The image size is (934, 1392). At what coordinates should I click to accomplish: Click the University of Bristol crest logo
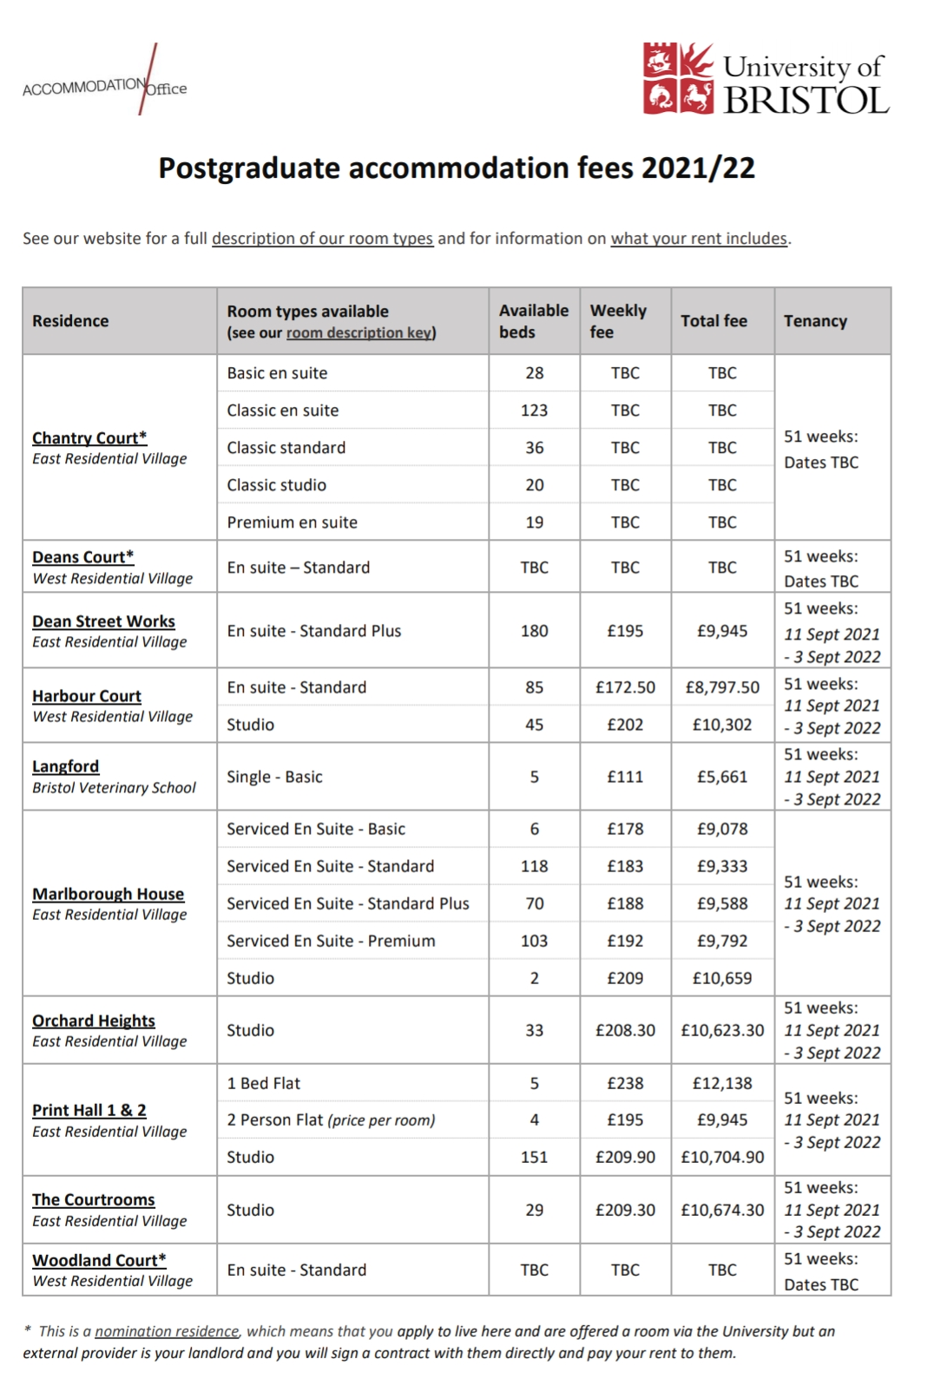678,78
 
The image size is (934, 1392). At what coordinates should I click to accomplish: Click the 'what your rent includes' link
699,239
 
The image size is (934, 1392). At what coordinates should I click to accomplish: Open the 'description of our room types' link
322,239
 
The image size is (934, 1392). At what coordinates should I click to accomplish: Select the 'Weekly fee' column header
618,321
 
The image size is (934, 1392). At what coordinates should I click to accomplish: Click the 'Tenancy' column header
815,321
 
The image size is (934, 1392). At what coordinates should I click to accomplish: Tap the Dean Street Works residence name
103,621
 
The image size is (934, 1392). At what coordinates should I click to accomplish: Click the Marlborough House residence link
108,894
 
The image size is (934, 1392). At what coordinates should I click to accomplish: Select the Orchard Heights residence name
94,1021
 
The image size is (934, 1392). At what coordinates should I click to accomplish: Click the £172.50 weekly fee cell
625,687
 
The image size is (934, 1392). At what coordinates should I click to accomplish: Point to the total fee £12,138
722,1083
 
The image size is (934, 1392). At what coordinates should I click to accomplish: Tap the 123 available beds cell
534,410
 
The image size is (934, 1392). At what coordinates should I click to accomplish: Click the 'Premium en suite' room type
292,522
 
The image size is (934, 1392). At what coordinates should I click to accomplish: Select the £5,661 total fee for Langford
722,777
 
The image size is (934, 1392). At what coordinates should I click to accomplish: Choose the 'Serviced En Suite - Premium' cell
331,941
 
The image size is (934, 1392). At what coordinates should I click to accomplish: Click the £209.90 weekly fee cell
625,1157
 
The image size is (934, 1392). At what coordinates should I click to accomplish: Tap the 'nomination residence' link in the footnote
167,1331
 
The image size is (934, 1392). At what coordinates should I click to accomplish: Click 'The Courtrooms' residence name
94,1199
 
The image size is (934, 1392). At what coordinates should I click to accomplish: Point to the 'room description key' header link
359,333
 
